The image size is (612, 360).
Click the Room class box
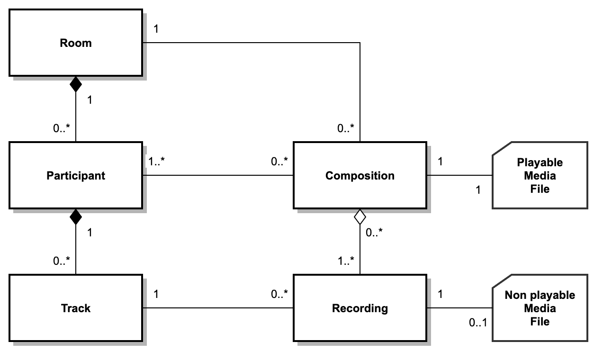(75, 43)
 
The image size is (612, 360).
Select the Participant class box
(75, 175)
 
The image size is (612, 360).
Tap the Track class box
(75, 308)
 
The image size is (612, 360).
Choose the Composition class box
(360, 175)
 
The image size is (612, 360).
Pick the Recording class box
(360, 308)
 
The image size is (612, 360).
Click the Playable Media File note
(540, 175)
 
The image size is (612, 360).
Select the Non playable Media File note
(540, 308)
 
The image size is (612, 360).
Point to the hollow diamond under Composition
(360, 217)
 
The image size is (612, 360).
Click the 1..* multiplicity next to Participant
(156, 162)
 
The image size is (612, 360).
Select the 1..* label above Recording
(345, 261)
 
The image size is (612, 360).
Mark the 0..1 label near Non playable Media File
(477, 323)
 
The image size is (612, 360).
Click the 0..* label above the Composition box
(345, 128)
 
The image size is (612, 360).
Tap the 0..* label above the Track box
(61, 261)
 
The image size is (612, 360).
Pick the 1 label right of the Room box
(156, 29)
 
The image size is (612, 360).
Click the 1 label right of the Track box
(156, 294)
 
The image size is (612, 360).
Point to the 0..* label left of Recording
(279, 294)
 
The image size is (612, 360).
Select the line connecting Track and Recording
(218, 308)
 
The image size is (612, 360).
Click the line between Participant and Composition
(218, 175)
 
